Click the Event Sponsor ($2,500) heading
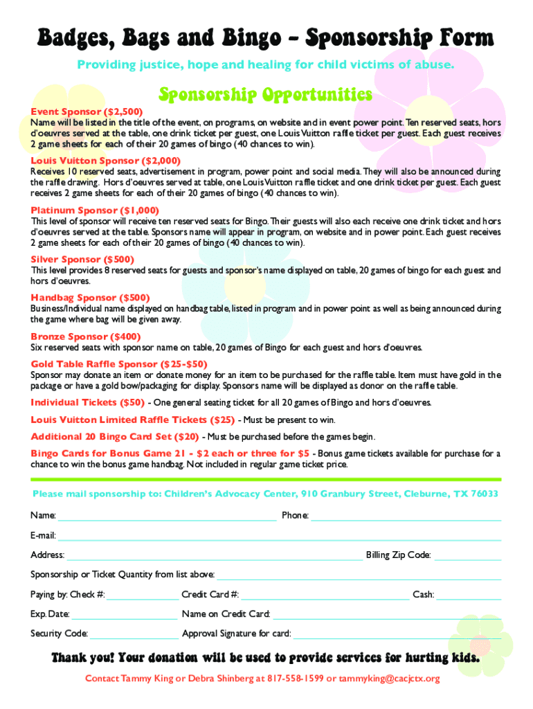(x=87, y=111)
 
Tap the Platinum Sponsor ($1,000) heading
(x=95, y=210)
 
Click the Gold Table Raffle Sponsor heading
(x=118, y=364)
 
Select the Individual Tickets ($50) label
(x=87, y=402)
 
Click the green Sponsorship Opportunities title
(x=266, y=93)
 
